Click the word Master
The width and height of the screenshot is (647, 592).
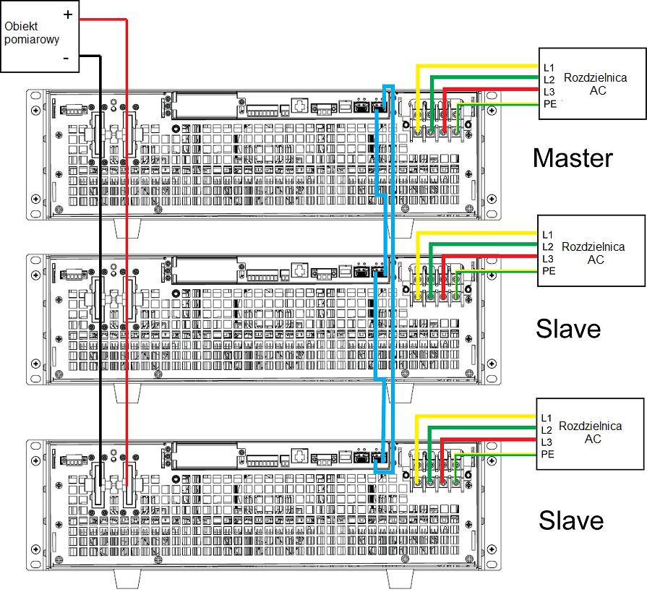(572, 158)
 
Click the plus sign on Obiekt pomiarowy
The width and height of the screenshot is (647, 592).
(67, 14)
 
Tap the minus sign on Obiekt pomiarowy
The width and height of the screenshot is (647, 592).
(66, 58)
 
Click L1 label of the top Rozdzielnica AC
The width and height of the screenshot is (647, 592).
(549, 67)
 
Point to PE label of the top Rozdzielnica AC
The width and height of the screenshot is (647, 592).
(549, 105)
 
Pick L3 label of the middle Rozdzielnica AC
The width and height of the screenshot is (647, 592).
(547, 259)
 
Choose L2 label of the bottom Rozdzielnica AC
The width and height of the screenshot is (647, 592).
(547, 430)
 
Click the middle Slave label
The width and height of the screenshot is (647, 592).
(568, 329)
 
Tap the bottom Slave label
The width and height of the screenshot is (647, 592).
(571, 520)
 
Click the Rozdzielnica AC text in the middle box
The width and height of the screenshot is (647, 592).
(593, 253)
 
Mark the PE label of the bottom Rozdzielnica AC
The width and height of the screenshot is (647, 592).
(547, 455)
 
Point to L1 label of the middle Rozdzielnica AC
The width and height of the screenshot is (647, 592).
(547, 234)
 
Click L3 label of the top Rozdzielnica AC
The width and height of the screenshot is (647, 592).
(549, 92)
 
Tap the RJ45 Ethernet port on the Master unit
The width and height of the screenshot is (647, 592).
(300, 107)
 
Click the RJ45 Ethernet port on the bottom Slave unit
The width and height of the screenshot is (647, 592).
(300, 455)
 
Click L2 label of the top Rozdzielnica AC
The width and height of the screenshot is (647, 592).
(549, 80)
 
